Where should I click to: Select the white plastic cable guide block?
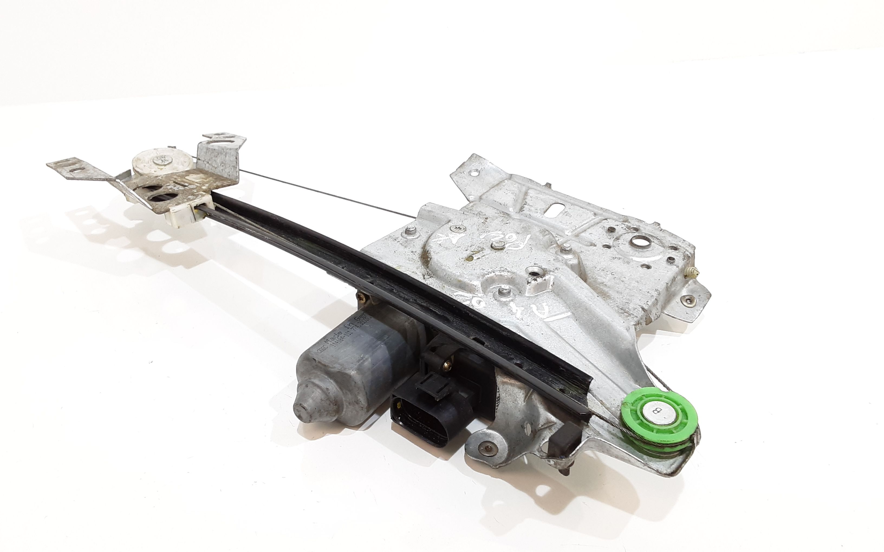[x=183, y=215]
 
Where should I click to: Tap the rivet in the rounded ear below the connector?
[x=486, y=448]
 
